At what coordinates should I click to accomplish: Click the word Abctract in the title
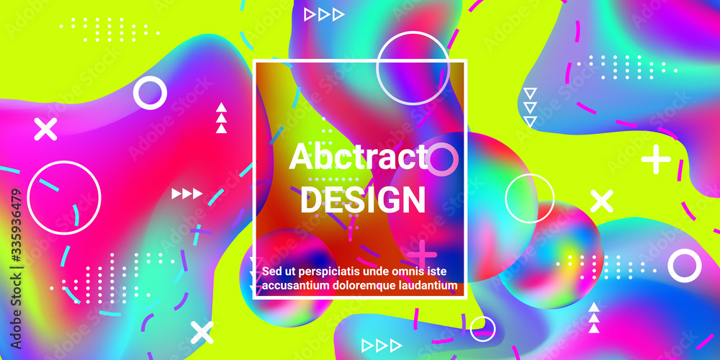click(x=358, y=156)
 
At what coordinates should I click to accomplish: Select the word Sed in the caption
click(x=271, y=271)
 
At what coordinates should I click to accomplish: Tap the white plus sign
click(x=656, y=159)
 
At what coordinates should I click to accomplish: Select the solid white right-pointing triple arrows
click(x=187, y=194)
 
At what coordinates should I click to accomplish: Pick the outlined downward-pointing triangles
click(x=530, y=107)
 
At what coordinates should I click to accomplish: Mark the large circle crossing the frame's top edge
click(x=377, y=68)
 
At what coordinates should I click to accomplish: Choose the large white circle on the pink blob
click(x=27, y=198)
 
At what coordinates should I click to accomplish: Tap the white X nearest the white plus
click(x=601, y=201)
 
